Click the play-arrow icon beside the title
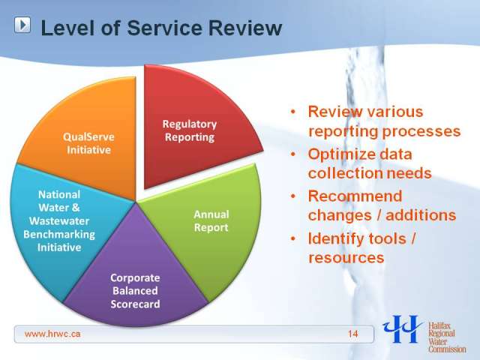pos(22,25)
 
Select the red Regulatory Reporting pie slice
pos(196,128)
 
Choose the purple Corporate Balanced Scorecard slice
pos(135,275)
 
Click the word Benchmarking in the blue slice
pos(59,235)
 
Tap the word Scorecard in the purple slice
pos(135,304)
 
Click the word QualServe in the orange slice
pos(88,136)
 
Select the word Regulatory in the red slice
pos(190,124)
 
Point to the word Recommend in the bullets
pos(355,196)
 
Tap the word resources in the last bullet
pos(346,258)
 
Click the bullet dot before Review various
pos(293,112)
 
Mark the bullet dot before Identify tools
pos(293,238)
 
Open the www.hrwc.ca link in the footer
pos(52,334)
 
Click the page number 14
pos(352,334)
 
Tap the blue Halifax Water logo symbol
pos(403,328)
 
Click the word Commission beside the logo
pos(447,349)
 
